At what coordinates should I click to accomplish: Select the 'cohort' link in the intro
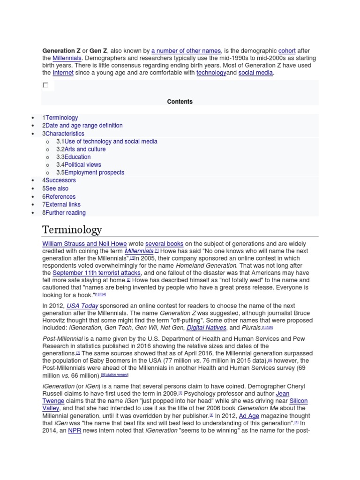(x=287, y=51)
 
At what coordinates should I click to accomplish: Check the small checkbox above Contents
(x=45, y=85)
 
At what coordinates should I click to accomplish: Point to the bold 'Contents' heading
(x=180, y=101)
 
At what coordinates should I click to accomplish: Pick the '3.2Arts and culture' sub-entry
(x=81, y=149)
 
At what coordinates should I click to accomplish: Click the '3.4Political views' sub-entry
(x=78, y=165)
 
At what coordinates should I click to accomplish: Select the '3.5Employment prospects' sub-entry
(x=90, y=172)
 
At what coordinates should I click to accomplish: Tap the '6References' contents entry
(x=59, y=197)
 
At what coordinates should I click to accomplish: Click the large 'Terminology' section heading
(x=72, y=230)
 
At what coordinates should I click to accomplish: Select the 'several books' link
(x=164, y=244)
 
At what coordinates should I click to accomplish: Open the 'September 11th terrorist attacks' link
(x=97, y=273)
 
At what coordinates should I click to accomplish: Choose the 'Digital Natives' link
(x=206, y=328)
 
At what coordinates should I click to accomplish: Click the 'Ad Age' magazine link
(x=248, y=416)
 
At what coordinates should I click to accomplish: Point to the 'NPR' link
(x=75, y=430)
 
